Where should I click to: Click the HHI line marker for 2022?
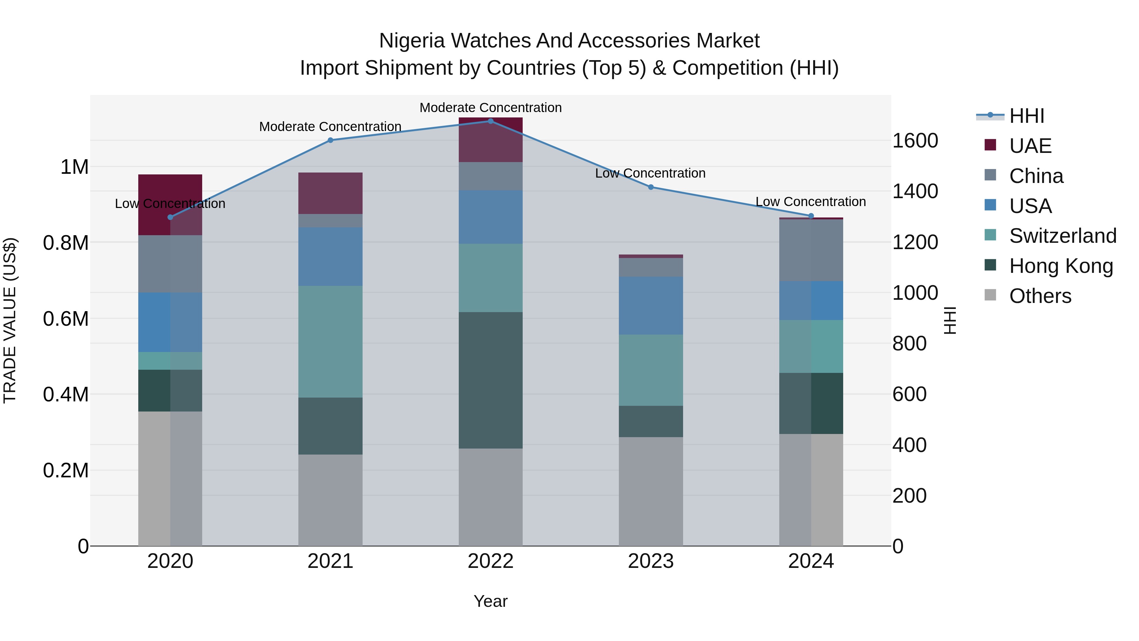[490, 121]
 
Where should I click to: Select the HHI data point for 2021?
[330, 140]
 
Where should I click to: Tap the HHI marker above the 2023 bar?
[650, 187]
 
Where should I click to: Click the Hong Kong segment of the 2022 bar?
[490, 380]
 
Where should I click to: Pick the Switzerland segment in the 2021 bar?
[330, 342]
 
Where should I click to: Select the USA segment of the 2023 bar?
[650, 306]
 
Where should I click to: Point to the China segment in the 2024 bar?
[811, 250]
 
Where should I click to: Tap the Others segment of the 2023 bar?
[650, 491]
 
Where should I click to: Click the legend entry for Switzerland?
[1062, 236]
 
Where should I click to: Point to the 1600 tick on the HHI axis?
[915, 141]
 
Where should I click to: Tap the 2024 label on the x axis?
[811, 561]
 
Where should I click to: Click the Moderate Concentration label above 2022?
[490, 108]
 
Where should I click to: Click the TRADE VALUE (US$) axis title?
[10, 320]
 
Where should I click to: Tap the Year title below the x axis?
[490, 601]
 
